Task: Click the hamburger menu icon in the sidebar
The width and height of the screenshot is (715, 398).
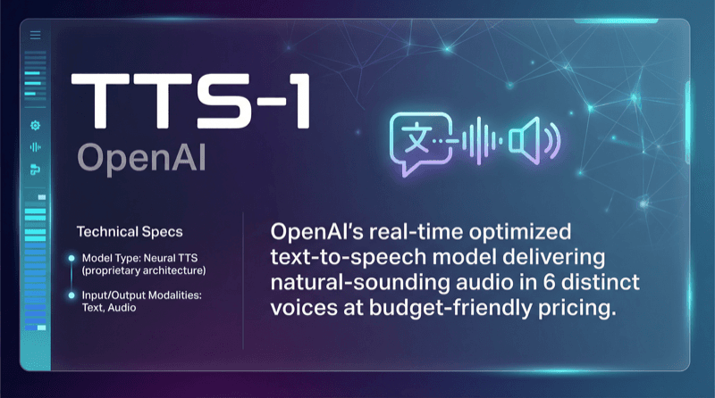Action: (36, 35)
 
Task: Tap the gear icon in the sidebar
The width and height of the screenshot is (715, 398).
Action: (36, 126)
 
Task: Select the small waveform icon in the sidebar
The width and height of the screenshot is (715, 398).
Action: (36, 147)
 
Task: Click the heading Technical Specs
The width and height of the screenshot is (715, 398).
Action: (130, 231)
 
